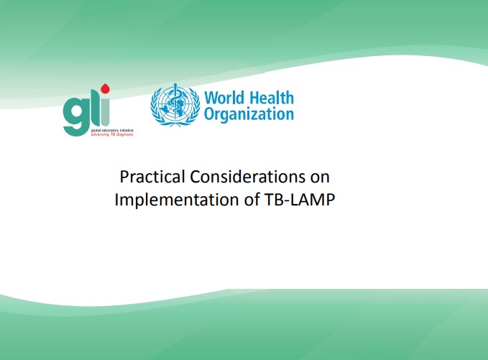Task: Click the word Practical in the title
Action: pyautogui.click(x=152, y=177)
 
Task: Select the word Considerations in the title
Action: pyautogui.click(x=247, y=177)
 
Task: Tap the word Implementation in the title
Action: pyautogui.click(x=177, y=200)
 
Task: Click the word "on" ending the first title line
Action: pyautogui.click(x=320, y=178)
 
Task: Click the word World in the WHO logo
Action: pyautogui.click(x=224, y=98)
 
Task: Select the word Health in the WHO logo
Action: pyautogui.click(x=272, y=98)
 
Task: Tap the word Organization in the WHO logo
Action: pyautogui.click(x=249, y=114)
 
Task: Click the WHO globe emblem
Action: pyautogui.click(x=175, y=105)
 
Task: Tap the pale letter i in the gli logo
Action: pyautogui.click(x=106, y=112)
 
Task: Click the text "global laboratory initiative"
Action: pyautogui.click(x=112, y=130)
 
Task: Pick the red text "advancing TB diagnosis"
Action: pyautogui.click(x=112, y=134)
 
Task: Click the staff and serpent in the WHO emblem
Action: pyautogui.click(x=175, y=102)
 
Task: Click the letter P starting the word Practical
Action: pyautogui.click(x=124, y=177)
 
